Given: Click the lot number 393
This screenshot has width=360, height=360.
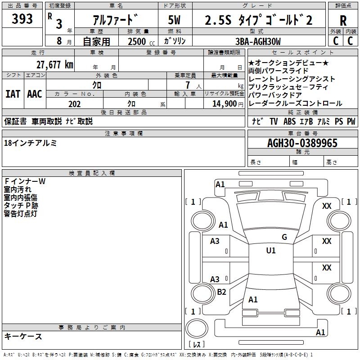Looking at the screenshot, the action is [x=22, y=18].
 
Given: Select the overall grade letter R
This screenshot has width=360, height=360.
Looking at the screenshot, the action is [x=343, y=20].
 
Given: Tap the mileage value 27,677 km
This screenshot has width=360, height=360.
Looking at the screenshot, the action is [x=55, y=65].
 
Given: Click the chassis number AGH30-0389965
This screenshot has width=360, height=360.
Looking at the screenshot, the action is [x=302, y=143].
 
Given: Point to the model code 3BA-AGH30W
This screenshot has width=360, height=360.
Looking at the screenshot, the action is [x=258, y=41].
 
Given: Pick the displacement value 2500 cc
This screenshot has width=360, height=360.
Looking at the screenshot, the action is [x=141, y=41].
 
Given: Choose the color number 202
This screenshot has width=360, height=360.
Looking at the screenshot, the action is [x=74, y=104].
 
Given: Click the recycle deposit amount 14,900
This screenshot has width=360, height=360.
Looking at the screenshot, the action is [x=225, y=104].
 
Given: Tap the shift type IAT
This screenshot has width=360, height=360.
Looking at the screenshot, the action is [x=13, y=94].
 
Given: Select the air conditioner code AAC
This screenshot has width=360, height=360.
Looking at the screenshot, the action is [x=35, y=94].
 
